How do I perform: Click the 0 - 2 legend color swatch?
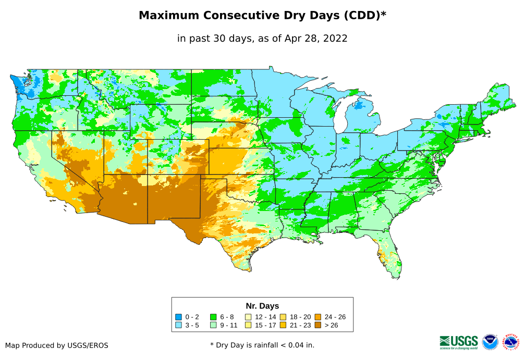pos(179,317)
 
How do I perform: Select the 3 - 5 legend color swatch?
pos(179,326)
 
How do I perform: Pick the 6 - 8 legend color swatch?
pos(213,317)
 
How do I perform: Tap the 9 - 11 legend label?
pos(228,326)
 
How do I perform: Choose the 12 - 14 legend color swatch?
pos(248,317)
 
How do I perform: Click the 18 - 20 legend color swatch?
pos(283,317)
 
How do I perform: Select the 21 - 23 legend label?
pos(300,326)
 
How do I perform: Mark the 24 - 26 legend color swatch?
pos(318,317)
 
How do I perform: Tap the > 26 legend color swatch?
pos(318,326)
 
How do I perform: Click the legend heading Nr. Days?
pos(262,306)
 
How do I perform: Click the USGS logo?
pos(459,342)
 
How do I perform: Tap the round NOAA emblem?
pos(490,342)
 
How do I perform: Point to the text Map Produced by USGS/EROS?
pos(57,345)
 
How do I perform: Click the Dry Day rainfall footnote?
pos(262,345)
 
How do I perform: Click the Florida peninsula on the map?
pos(392,260)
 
